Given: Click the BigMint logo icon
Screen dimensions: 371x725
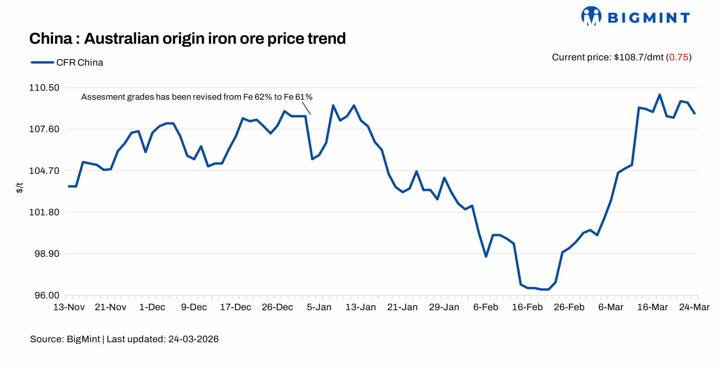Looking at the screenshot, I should pos(591,16).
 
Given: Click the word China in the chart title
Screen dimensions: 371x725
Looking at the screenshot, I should pos(51,38).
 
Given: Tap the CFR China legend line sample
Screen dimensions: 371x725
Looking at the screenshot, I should pos(42,62).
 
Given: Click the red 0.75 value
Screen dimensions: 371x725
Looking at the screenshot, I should pos(679,57).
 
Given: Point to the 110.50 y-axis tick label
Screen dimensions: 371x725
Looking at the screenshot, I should pos(44,88).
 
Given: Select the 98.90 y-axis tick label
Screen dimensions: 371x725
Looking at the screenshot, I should pos(47,254).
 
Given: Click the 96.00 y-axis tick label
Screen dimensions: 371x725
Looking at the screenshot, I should pos(47,295).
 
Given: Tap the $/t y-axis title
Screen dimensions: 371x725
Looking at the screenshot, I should pos(19,188).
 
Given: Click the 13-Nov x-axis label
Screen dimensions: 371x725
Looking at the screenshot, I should pos(69,307).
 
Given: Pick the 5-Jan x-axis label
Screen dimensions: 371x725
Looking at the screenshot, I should pos(319,307).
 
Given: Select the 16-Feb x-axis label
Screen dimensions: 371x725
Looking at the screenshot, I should pos(527,307).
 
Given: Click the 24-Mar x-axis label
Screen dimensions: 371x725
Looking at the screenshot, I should pos(694,307).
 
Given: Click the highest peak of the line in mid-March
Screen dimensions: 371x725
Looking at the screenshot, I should pos(660,95).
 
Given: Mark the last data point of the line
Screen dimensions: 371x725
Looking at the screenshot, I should pos(694,113).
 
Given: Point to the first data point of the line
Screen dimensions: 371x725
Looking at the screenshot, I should pos(69,186).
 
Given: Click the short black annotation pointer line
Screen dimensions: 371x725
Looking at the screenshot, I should pos(306,108).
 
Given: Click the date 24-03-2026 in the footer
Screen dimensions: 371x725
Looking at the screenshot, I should pos(193,339).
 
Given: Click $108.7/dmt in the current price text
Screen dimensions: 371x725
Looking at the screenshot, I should pos(638,57).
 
